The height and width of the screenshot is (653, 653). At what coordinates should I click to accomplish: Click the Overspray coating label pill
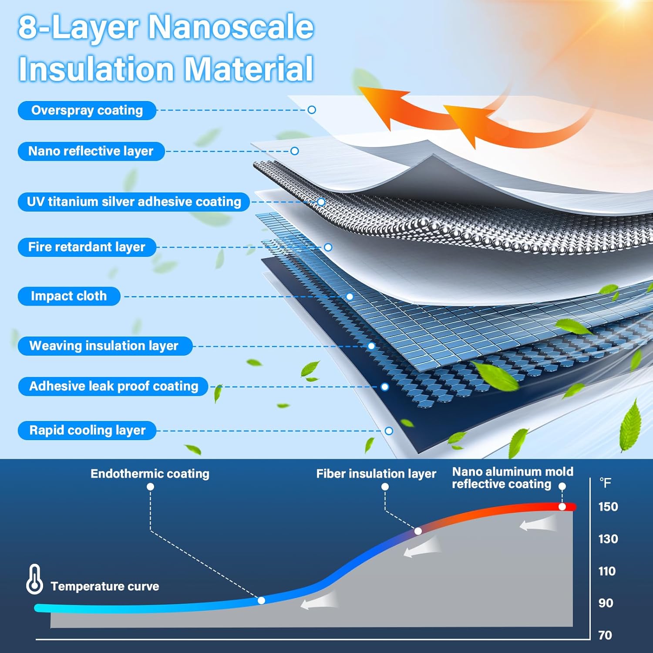pos(87,111)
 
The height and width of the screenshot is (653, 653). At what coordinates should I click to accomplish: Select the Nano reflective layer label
pos(91,151)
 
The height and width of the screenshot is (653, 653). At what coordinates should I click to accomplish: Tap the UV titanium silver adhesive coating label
pos(134,202)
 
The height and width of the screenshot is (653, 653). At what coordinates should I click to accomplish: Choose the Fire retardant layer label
pos(87,247)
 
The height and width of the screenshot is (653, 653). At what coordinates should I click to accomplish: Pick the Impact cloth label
pos(69,296)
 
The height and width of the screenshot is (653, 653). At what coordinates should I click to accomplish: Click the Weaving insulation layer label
pos(104,346)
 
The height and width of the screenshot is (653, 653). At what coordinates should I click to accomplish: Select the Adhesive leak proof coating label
pos(113,386)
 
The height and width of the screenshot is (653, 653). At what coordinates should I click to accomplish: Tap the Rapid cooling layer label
pos(87,430)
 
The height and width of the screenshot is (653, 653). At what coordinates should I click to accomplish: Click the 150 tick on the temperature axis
pos(608,507)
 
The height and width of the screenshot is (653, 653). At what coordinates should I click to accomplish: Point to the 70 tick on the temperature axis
pos(605,635)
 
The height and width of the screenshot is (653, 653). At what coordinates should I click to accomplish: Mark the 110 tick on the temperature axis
pos(607,571)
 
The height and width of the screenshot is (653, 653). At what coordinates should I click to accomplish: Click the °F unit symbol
pos(606,483)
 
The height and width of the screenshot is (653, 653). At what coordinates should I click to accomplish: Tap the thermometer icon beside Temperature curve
pos(34,579)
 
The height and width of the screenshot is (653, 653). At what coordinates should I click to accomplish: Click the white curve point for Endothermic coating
pos(261,600)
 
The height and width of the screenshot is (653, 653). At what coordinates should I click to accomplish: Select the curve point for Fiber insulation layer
pos(418,531)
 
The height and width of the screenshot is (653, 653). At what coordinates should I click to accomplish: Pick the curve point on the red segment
pos(562,507)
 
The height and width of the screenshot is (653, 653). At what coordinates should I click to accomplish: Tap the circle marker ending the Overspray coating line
pos(312,110)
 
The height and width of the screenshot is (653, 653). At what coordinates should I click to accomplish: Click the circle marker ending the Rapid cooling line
pos(389,431)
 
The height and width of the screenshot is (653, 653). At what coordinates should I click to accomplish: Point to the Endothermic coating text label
pos(150,474)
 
